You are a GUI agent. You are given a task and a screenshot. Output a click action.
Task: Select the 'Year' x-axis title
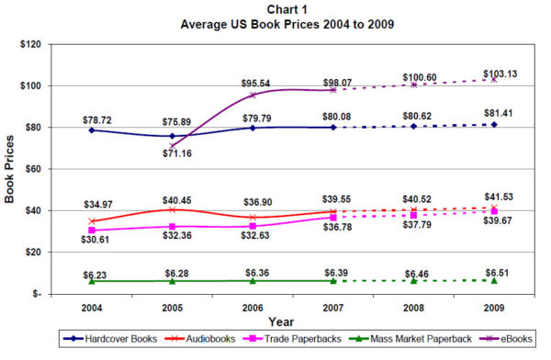pyautogui.click(x=282, y=322)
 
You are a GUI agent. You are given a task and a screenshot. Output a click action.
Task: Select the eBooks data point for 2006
pyautogui.click(x=253, y=95)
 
